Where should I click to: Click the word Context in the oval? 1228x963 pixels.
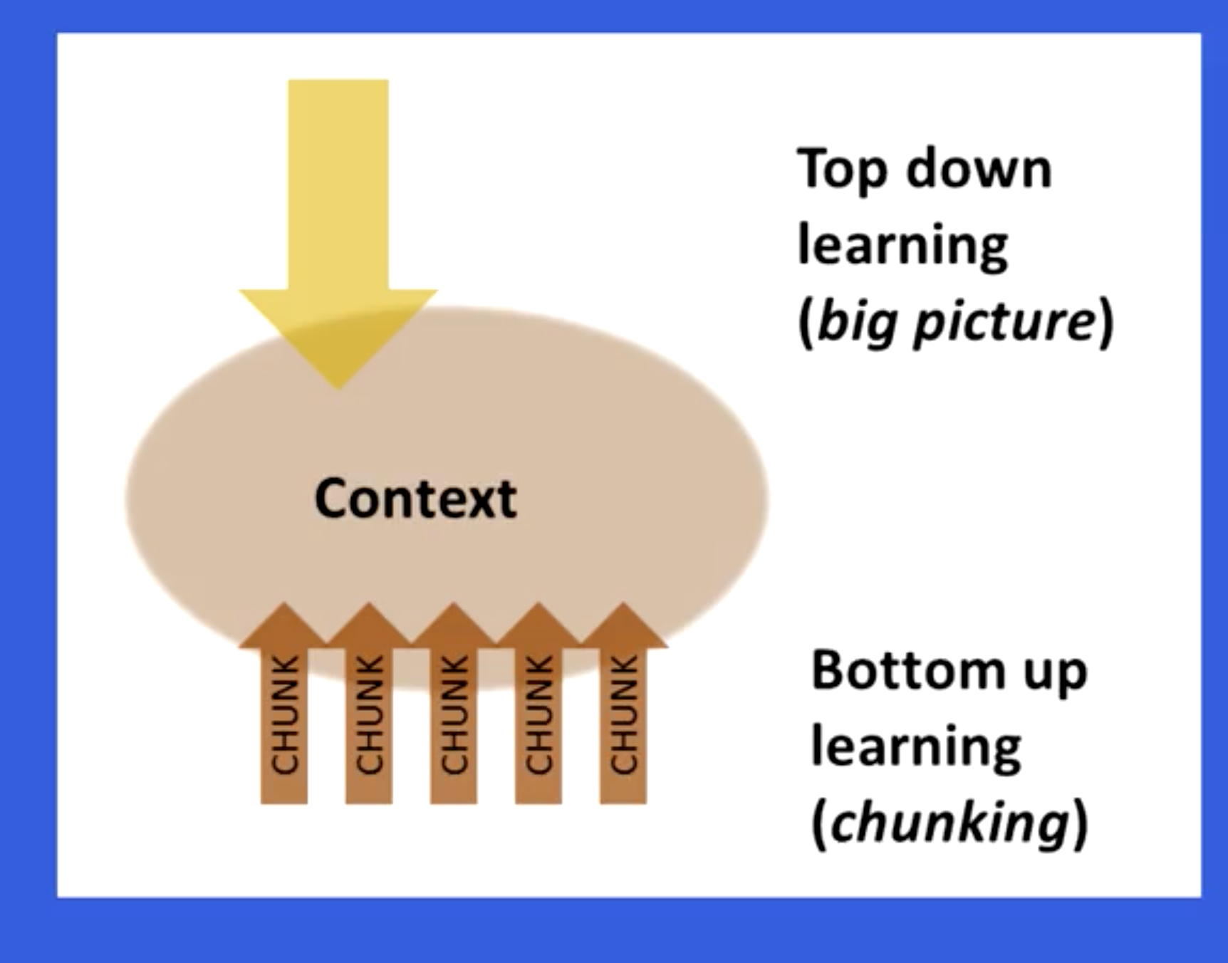pyautogui.click(x=415, y=498)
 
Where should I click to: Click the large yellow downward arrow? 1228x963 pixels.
pyautogui.click(x=338, y=234)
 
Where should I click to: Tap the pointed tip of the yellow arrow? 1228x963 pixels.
pyautogui.click(x=338, y=389)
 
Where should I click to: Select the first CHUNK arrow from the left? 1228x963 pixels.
pyautogui.click(x=283, y=704)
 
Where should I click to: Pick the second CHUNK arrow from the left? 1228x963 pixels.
pyautogui.click(x=368, y=704)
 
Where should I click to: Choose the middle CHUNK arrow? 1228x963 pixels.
pyautogui.click(x=454, y=704)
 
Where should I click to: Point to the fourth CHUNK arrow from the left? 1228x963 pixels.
pyautogui.click(x=538, y=704)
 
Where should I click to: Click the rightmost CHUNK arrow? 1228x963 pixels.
pyautogui.click(x=623, y=704)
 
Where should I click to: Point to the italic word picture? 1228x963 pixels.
pyautogui.click(x=1004, y=322)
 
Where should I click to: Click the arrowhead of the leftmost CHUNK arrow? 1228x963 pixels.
pyautogui.click(x=283, y=626)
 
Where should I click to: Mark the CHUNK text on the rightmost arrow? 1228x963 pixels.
pyautogui.click(x=623, y=714)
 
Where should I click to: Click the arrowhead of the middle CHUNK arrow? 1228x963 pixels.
pyautogui.click(x=454, y=626)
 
